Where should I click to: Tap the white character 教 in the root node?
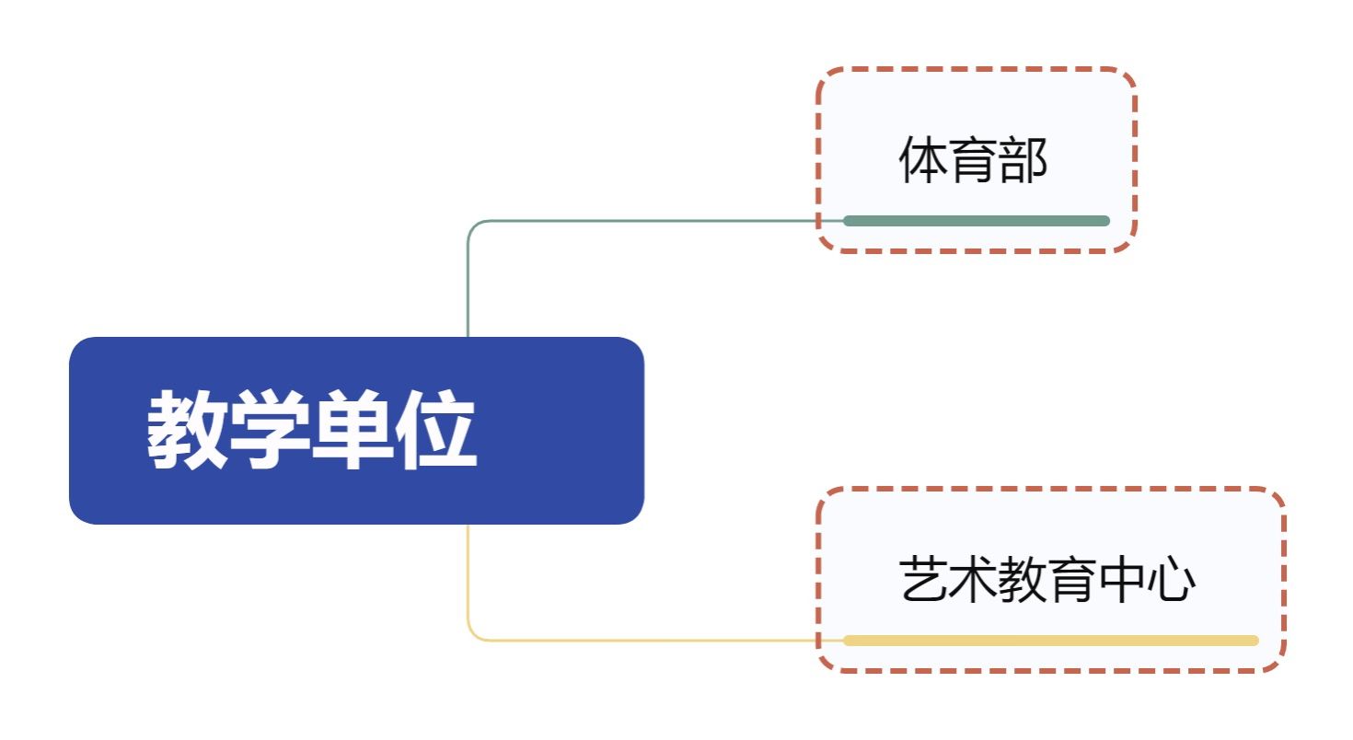coord(188,431)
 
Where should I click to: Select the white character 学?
coord(271,431)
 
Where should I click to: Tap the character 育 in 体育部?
coord(973,162)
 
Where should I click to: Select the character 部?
coord(1023,162)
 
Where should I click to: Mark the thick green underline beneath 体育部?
coord(977,221)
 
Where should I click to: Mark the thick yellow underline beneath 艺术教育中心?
coord(1050,641)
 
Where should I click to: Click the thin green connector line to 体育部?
coord(644,221)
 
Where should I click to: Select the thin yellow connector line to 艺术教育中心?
coord(644,640)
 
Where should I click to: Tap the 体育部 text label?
coord(973,162)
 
